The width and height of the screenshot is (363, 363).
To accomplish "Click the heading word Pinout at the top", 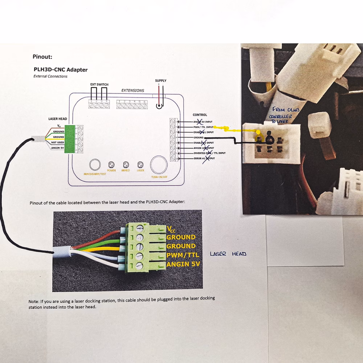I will pos(42,57).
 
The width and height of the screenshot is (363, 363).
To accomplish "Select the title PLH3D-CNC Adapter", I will pos(61,70).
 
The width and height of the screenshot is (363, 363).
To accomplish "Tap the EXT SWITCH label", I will pos(99,84).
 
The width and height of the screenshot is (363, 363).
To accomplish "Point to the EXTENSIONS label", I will pos(132,90).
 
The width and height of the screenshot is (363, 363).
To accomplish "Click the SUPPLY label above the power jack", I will pos(160,81).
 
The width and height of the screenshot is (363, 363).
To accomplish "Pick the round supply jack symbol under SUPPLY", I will pos(159,106).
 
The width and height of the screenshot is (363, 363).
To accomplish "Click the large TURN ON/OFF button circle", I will pos(159,164).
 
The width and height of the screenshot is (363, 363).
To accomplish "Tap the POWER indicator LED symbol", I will pos(111,164).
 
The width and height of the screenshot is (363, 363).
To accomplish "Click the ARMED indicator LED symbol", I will pos(126,164).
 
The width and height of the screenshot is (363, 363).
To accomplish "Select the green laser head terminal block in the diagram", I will pos(69,139).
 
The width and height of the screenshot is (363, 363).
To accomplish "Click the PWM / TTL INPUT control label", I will pos(203,127).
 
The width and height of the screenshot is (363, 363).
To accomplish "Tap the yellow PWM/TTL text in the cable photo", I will pos(183,255).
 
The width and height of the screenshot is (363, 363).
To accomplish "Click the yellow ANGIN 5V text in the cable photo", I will pos(183,264).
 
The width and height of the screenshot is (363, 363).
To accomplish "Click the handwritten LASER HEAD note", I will pos(223,254).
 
